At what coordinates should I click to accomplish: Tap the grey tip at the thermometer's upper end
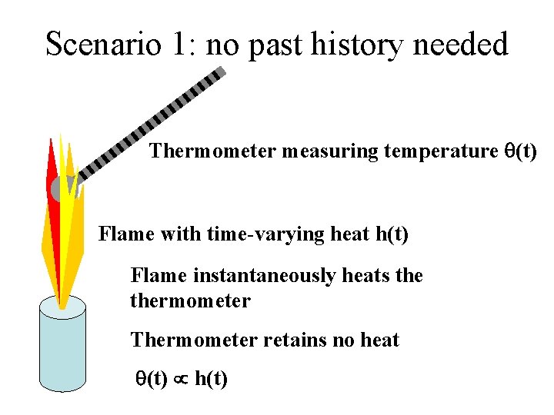click(220, 72)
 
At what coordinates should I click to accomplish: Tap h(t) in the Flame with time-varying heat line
click(392, 234)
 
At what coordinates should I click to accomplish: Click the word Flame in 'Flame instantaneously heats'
click(155, 275)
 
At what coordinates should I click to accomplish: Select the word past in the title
click(276, 45)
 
